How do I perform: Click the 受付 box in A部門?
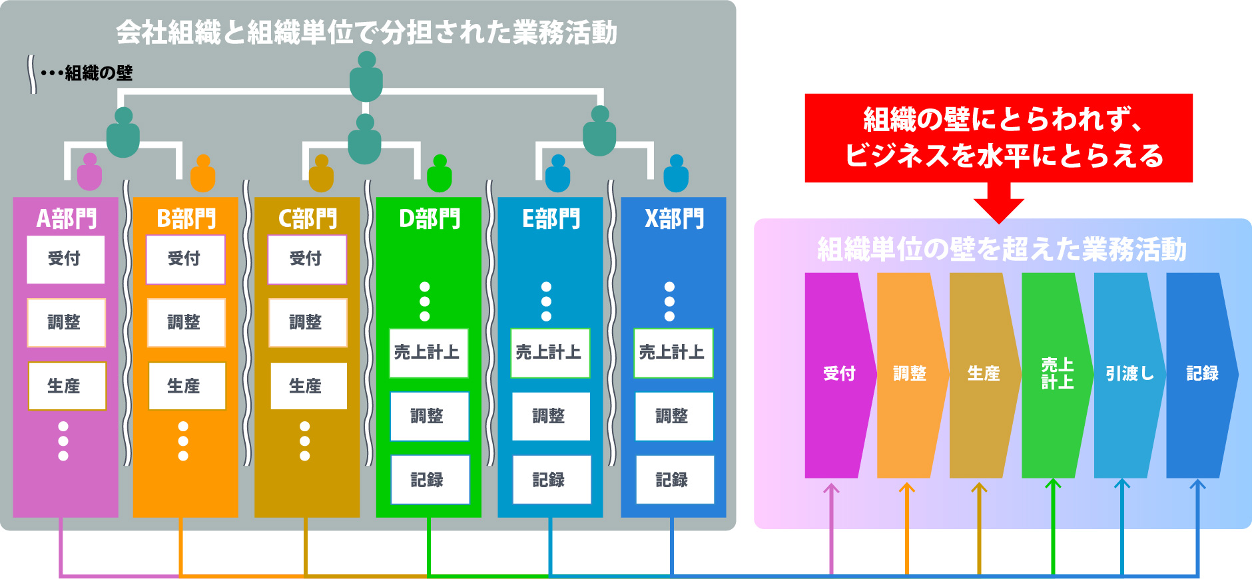(65, 259)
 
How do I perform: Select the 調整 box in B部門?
(186, 323)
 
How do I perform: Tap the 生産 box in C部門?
(308, 386)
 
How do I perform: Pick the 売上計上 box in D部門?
(428, 353)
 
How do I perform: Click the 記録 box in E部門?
(551, 480)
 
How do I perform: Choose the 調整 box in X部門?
(673, 416)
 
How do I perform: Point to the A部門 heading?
(66, 218)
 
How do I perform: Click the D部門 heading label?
(429, 218)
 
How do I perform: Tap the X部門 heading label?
(673, 218)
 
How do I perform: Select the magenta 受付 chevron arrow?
(838, 374)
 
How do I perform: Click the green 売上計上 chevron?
(1056, 374)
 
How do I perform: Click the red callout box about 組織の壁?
(998, 138)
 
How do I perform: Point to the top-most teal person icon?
(366, 77)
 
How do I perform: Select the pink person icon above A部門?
(89, 172)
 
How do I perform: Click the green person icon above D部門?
(440, 173)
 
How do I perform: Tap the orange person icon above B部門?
(203, 173)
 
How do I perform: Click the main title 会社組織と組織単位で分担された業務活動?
(366, 32)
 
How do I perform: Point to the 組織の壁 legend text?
(99, 73)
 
